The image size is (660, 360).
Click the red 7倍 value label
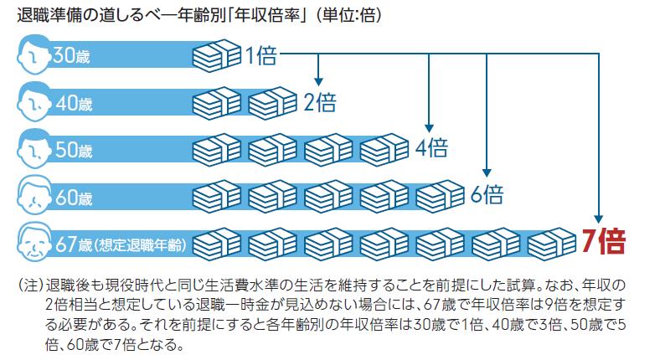603,242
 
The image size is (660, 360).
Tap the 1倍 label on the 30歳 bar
261,57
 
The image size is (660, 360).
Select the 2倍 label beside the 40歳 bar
319,103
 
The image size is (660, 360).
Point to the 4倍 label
431,149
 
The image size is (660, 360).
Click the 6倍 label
487,195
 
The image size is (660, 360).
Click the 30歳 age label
72,57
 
